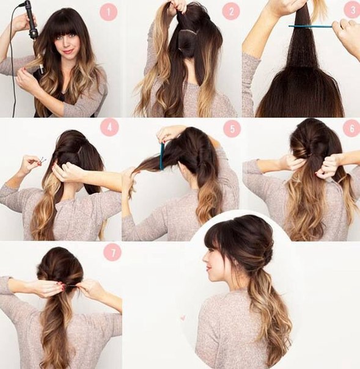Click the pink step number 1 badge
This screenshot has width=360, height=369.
click(108, 12)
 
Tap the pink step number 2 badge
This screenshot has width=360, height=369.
click(231, 12)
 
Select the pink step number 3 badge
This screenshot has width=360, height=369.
click(352, 10)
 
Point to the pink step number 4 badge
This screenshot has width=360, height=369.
click(109, 127)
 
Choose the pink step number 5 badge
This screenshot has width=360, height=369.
click(232, 128)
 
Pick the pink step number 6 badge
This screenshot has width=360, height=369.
click(351, 128)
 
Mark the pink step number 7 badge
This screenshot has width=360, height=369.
click(112, 252)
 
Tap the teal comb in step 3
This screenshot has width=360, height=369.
click(310, 26)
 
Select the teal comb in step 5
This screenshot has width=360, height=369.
click(162, 156)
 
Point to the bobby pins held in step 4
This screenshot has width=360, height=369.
click(42, 161)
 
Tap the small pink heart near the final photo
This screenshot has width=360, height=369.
click(183, 318)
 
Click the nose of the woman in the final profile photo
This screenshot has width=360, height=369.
click(205, 259)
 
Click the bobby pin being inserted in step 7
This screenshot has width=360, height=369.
click(71, 286)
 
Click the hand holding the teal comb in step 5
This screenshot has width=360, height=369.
click(166, 133)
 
